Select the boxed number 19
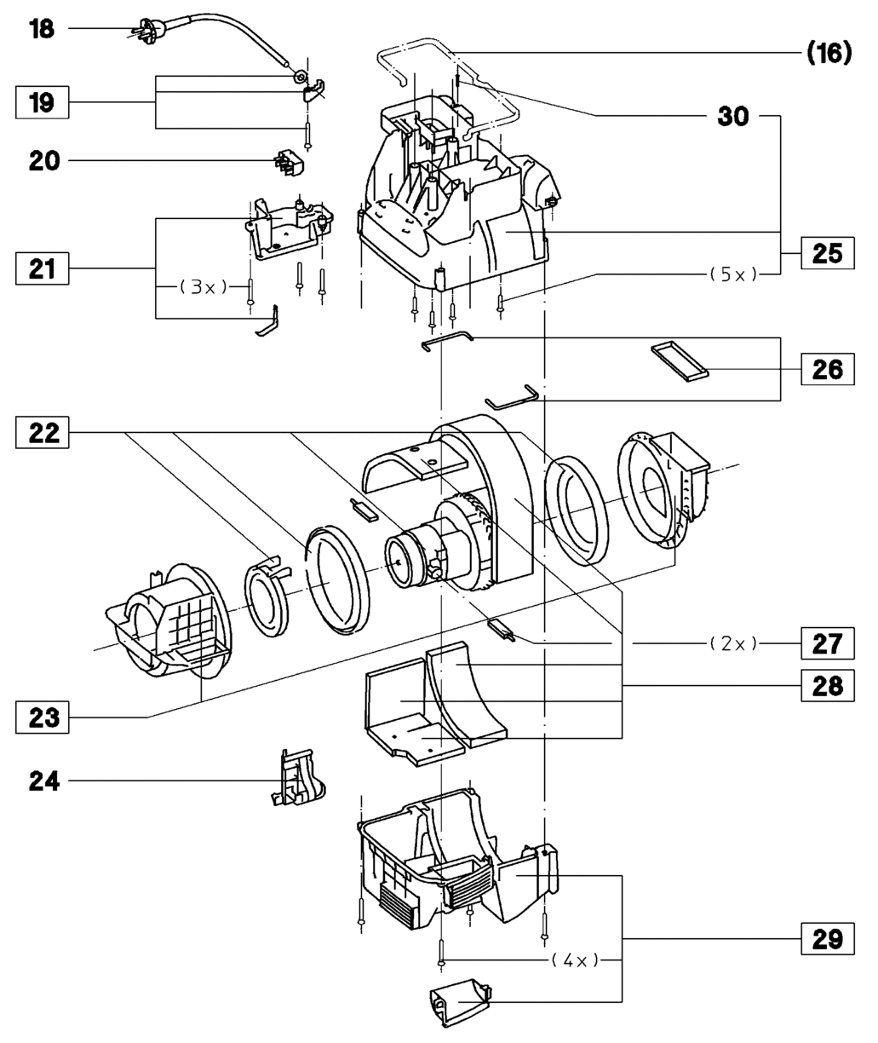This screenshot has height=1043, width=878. [x=41, y=104]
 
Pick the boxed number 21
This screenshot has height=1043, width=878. [x=41, y=270]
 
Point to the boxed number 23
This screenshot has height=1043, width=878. [x=41, y=717]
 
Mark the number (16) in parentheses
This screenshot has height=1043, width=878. [x=828, y=54]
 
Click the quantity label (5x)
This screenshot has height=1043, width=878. [x=732, y=274]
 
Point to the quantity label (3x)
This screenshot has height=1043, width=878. [x=203, y=288]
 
